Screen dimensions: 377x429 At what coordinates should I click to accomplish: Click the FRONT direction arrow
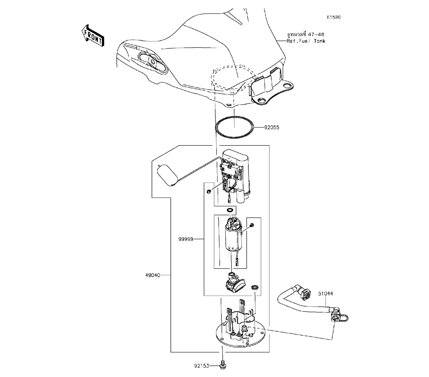[92, 35]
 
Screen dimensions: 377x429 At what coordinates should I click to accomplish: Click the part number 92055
[272, 128]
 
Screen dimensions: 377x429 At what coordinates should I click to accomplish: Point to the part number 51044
[325, 294]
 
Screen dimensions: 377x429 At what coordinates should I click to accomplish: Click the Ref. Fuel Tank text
[306, 41]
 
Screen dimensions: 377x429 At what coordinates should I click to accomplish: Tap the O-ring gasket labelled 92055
[234, 127]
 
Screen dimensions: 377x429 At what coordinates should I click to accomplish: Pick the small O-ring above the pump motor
[230, 210]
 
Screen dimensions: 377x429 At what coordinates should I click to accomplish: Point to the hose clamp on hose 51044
[339, 317]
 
